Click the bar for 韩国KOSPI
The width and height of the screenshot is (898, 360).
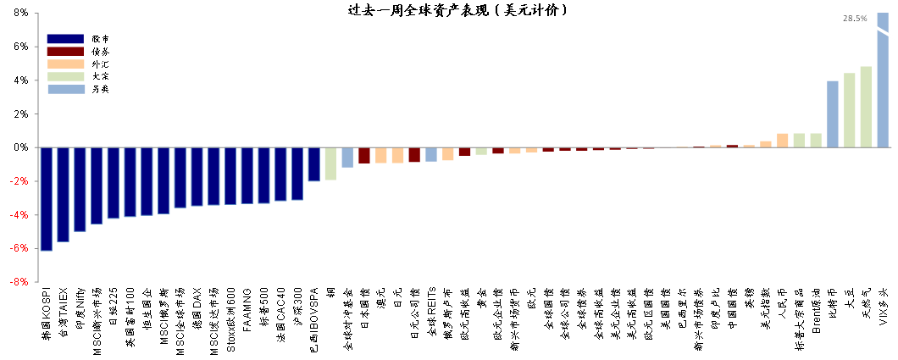coord(47,199)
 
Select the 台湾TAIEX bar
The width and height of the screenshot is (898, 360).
coord(63,194)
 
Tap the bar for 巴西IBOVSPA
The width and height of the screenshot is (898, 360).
coord(313,164)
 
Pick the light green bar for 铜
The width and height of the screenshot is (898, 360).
coord(330,163)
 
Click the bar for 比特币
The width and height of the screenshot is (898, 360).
coord(832,114)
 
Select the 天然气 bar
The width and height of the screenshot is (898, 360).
coord(866,107)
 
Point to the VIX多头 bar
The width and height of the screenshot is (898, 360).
coord(883,80)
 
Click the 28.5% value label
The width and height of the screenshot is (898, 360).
coord(855,18)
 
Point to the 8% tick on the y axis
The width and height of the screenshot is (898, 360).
coord(21,14)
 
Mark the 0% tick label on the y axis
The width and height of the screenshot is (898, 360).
coord(21,147)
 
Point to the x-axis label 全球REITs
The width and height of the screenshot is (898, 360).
coord(431,314)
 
